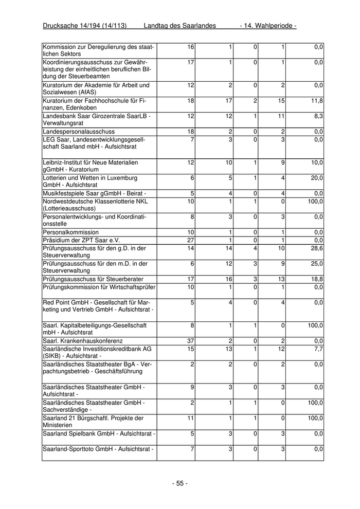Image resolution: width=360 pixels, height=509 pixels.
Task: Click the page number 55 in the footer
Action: (179, 483)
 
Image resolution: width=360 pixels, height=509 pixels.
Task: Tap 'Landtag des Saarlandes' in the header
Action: (179, 25)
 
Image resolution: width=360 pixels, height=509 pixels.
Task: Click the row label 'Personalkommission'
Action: (70, 232)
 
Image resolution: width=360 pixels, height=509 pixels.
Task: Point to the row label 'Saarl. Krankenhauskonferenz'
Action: (83, 341)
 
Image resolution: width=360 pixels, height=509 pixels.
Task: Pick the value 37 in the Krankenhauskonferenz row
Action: (190, 341)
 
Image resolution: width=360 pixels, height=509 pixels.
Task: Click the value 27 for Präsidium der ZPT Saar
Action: (190, 240)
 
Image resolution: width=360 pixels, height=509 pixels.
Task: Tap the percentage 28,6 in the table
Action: (318, 248)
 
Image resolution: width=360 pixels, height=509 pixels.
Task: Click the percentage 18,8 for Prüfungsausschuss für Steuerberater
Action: (318, 279)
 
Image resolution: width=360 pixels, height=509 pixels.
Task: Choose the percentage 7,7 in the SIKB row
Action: (319, 349)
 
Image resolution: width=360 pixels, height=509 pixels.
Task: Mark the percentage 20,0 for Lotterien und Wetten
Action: (318, 178)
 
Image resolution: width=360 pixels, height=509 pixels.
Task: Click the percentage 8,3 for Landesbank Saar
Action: (319, 117)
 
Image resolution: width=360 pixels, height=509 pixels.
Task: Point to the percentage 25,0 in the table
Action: (318, 264)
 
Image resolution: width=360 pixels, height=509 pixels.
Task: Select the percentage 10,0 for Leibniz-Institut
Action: (318, 162)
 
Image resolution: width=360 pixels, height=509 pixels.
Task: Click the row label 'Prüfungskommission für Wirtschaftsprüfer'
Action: (99, 287)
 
